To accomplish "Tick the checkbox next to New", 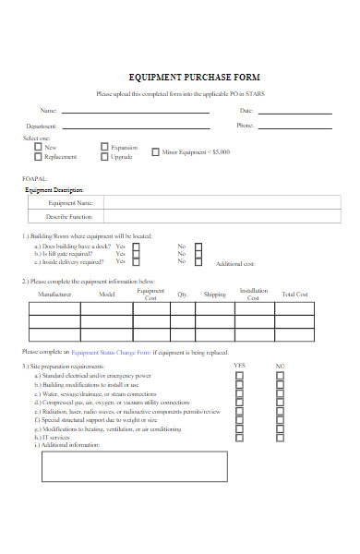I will (x=38, y=147).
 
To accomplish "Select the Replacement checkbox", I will (x=38, y=157).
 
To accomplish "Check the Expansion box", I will (x=103, y=147).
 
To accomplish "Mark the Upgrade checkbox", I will (x=103, y=157).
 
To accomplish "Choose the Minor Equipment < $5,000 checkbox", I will (x=154, y=151).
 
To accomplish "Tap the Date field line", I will (x=293, y=113).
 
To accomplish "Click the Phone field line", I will (x=293, y=126).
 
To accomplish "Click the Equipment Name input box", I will (x=217, y=203).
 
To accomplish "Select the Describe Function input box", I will (x=217, y=218).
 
